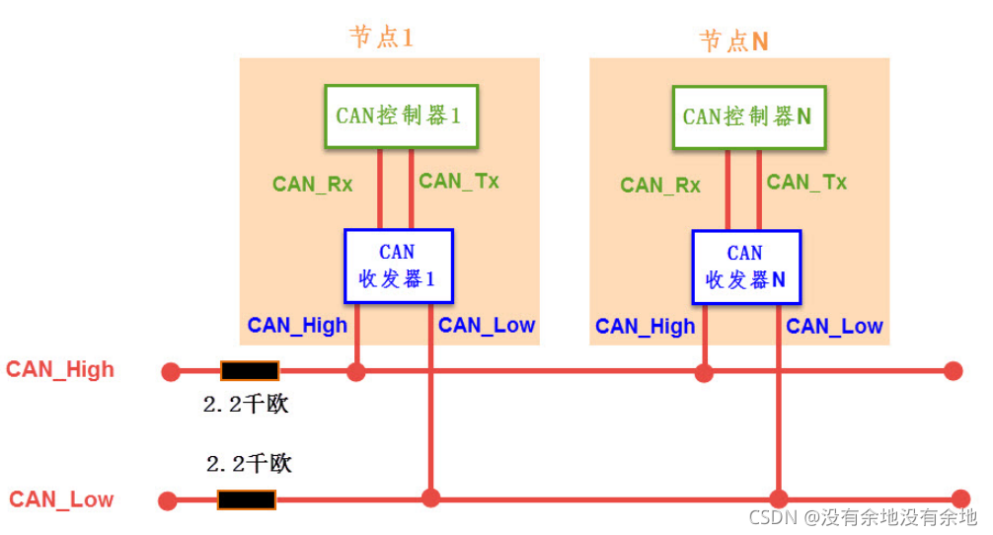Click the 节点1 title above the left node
pyautogui.click(x=381, y=38)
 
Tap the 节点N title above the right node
pyautogui.click(x=733, y=40)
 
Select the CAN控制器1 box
pyautogui.click(x=401, y=116)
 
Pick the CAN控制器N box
pyautogui.click(x=747, y=117)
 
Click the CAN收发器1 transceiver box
pyautogui.click(x=398, y=266)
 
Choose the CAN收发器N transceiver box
pyautogui.click(x=745, y=267)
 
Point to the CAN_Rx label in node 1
pyautogui.click(x=312, y=184)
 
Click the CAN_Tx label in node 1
pyautogui.click(x=459, y=181)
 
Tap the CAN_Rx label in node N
pyautogui.click(x=660, y=185)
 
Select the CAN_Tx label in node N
pyautogui.click(x=806, y=182)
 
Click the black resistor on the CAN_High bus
pyautogui.click(x=249, y=371)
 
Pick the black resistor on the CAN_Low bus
pyautogui.click(x=247, y=499)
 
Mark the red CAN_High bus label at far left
pyautogui.click(x=60, y=370)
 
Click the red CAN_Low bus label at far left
pyautogui.click(x=61, y=499)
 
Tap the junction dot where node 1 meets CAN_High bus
pyautogui.click(x=356, y=372)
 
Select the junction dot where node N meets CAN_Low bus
pyautogui.click(x=779, y=498)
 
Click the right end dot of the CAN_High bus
pyautogui.click(x=953, y=371)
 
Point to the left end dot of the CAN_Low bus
pyautogui.click(x=168, y=500)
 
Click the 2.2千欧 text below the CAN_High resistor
pyautogui.click(x=245, y=405)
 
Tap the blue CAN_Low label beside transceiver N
pyautogui.click(x=834, y=327)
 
